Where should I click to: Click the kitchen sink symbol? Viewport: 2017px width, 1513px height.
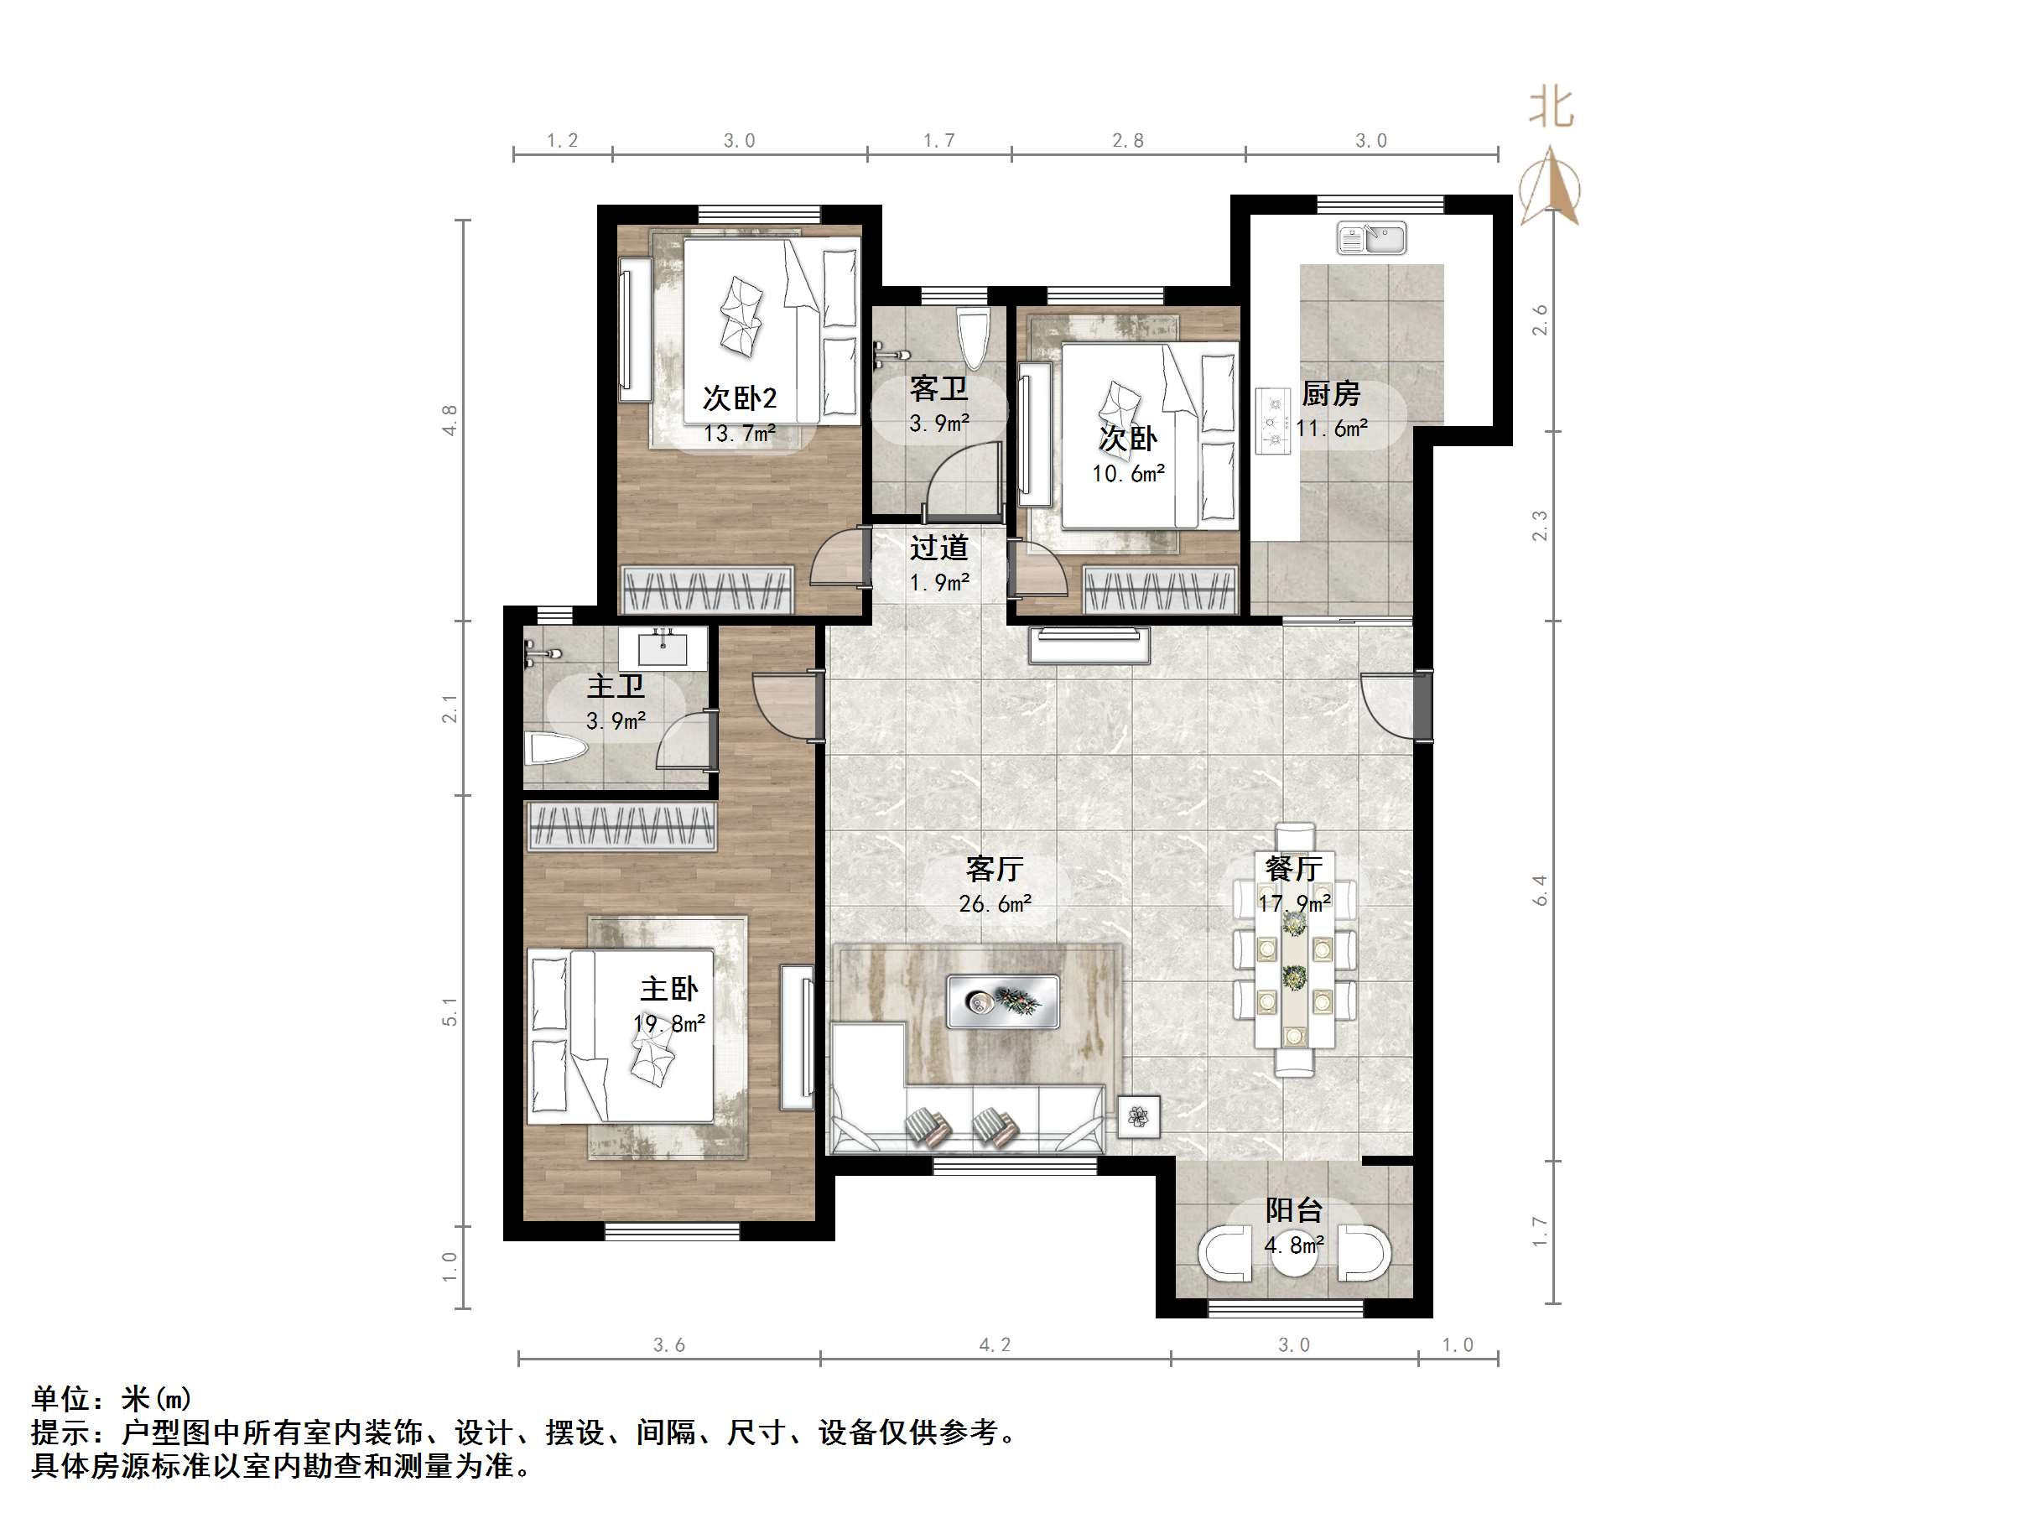tap(1371, 239)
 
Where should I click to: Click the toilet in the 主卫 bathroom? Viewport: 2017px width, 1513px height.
tap(556, 751)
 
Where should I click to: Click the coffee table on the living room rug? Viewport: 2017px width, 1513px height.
tap(1002, 1001)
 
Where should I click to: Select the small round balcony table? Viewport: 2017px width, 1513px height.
tap(1293, 1256)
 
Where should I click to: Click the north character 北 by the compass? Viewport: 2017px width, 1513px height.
tap(1551, 107)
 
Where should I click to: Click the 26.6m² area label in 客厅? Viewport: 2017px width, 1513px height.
tap(995, 904)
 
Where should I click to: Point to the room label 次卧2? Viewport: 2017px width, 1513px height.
tap(740, 398)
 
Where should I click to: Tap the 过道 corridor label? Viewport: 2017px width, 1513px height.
tap(939, 549)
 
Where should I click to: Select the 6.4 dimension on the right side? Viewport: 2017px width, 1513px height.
tap(1540, 890)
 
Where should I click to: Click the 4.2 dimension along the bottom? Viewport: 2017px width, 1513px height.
tap(995, 1345)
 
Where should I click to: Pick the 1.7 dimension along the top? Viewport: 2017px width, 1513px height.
tap(938, 140)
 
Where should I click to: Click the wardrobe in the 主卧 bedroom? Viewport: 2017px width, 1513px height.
tap(622, 826)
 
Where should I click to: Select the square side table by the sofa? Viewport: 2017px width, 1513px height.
tap(1138, 1116)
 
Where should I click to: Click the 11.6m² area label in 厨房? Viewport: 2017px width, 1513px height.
tap(1331, 429)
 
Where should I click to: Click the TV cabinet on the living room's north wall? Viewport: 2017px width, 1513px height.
tap(1089, 646)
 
